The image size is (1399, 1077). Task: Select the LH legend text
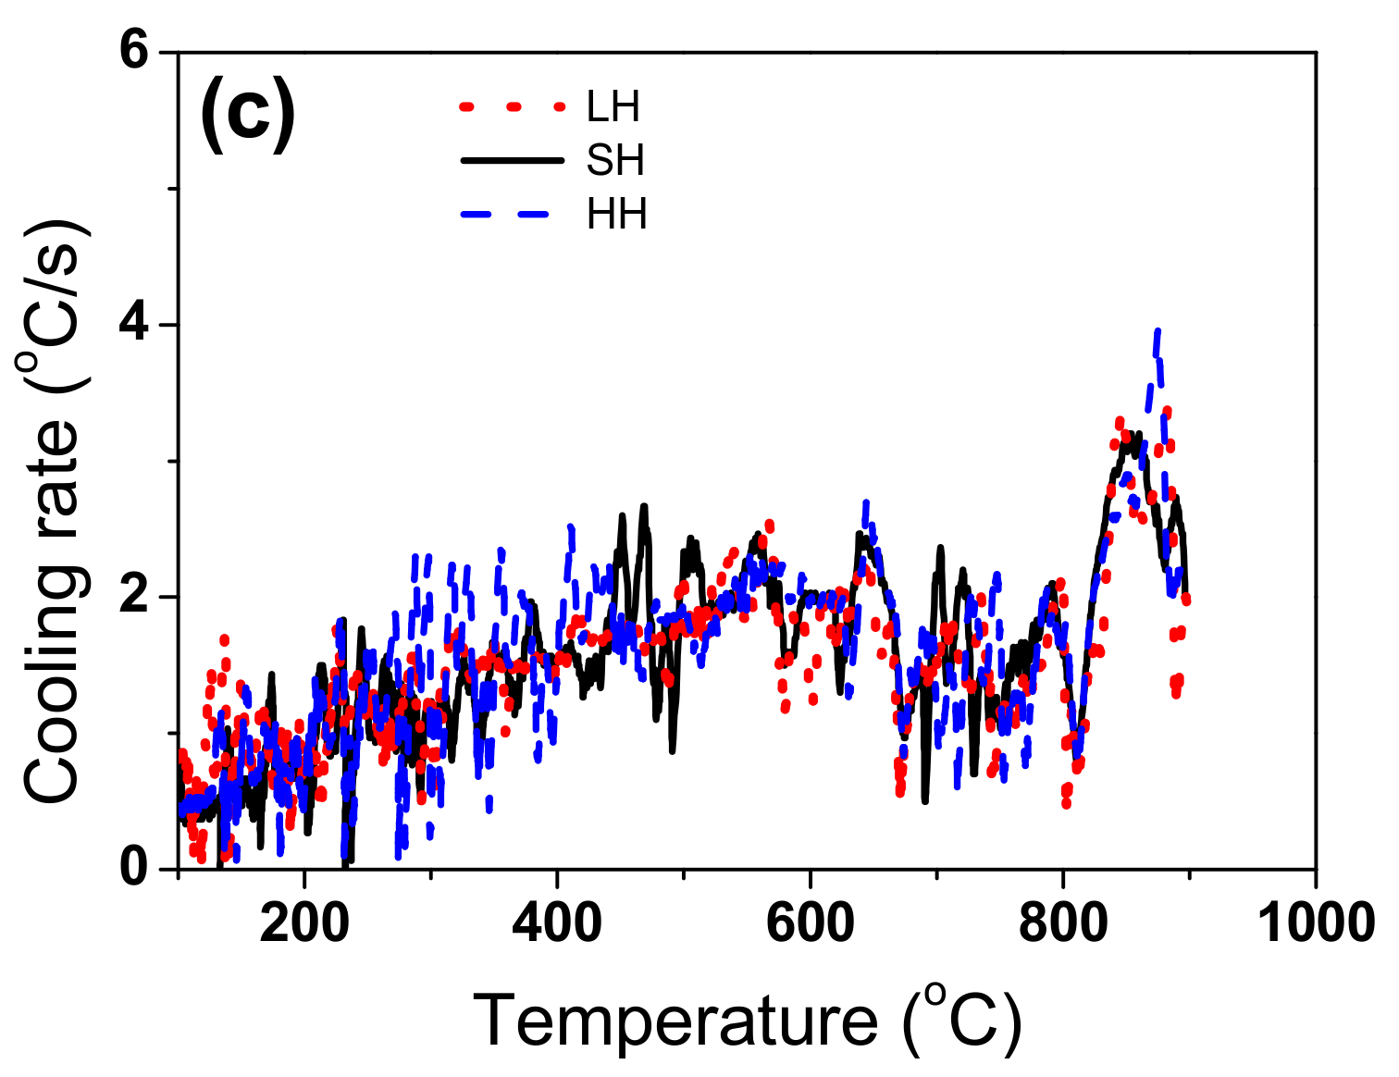tap(613, 107)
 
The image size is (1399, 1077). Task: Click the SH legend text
tap(614, 161)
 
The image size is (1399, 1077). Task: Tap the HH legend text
tap(616, 215)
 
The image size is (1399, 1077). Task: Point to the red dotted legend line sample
tap(512, 107)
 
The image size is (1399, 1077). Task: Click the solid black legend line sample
tap(512, 161)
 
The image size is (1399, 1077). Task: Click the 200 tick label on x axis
tap(303, 923)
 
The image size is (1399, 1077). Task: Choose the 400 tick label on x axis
tap(557, 923)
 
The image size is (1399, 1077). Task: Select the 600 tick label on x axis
tap(810, 923)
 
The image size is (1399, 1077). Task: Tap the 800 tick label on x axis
tap(1063, 923)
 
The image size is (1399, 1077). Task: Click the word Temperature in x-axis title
tap(675, 1021)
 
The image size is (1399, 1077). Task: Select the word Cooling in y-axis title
tap(53, 689)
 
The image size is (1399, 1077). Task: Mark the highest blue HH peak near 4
tap(1157, 332)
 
